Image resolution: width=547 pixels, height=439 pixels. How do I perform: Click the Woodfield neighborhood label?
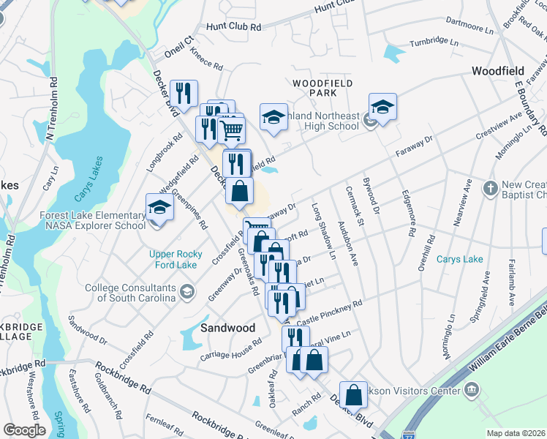pyautogui.click(x=497, y=71)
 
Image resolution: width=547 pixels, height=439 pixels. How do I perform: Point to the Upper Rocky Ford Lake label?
pyautogui.click(x=176, y=259)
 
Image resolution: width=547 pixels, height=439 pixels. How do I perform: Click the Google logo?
pyautogui.click(x=23, y=429)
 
